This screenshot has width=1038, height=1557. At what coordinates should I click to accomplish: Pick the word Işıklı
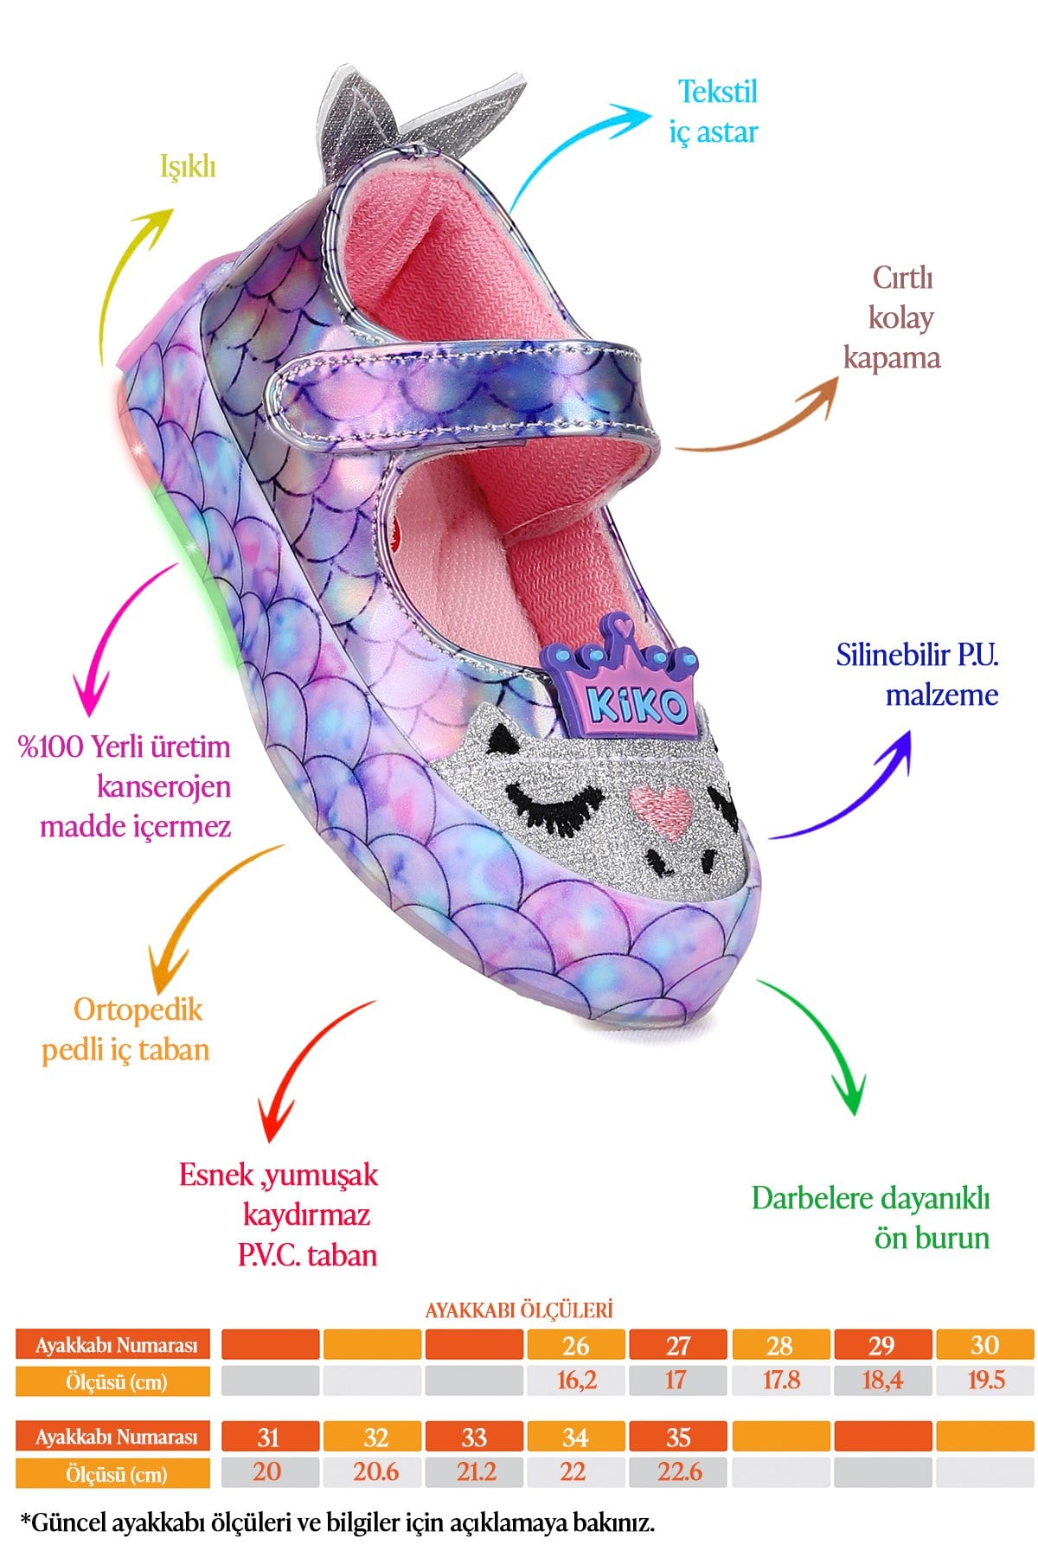coord(188,166)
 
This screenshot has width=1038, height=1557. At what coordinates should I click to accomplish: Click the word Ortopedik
coord(138,1009)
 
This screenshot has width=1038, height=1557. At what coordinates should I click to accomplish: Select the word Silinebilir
coord(894,655)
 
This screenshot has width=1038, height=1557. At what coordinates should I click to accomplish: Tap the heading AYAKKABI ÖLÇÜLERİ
coord(519,1310)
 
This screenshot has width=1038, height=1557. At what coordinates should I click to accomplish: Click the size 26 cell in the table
coord(576,1345)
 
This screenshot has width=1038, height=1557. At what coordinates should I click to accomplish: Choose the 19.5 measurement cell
coord(985,1380)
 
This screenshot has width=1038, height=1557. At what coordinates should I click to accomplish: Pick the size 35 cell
coord(678,1437)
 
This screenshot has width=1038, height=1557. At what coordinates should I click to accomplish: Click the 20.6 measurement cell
coord(375,1471)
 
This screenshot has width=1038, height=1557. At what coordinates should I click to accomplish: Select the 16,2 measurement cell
coord(576,1380)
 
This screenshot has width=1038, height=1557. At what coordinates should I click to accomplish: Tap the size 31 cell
coord(269,1437)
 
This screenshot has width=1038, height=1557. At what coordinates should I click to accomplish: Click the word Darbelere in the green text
coord(811,1198)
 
